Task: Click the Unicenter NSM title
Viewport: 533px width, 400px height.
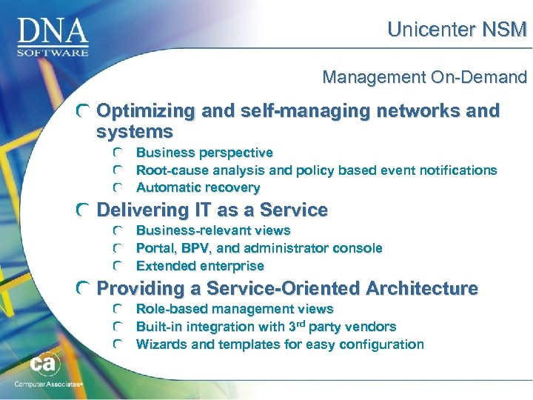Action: click(x=457, y=30)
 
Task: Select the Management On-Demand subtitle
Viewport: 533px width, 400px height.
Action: click(x=424, y=76)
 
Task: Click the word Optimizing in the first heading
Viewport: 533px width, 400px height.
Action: click(x=146, y=111)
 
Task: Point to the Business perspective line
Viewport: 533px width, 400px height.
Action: click(x=204, y=153)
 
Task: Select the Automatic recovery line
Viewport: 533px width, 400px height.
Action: click(x=198, y=188)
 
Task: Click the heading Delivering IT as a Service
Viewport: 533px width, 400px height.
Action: click(x=212, y=210)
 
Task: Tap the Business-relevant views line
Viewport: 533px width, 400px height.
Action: click(x=213, y=230)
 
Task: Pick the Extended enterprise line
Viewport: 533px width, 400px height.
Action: click(x=200, y=266)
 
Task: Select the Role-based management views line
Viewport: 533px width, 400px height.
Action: click(x=235, y=309)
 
